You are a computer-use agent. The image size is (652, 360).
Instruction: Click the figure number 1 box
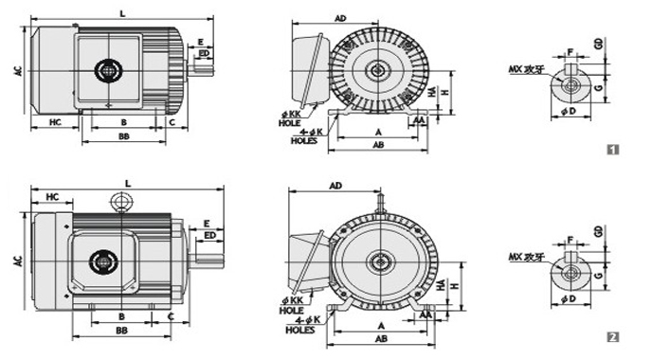click(613, 150)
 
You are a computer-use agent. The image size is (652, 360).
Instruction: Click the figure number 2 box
click(613, 336)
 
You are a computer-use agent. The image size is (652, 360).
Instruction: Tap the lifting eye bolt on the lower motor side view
click(120, 202)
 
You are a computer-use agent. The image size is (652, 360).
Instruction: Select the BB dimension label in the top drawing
click(124, 136)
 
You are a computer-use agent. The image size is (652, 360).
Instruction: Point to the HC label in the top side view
click(55, 122)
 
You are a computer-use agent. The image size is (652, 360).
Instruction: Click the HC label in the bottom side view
click(52, 197)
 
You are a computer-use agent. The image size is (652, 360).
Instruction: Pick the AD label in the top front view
click(340, 18)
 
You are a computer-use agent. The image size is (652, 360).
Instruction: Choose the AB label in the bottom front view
click(381, 339)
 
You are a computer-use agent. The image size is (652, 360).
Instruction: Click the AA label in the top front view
click(419, 120)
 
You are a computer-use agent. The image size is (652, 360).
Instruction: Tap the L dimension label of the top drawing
click(122, 13)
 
